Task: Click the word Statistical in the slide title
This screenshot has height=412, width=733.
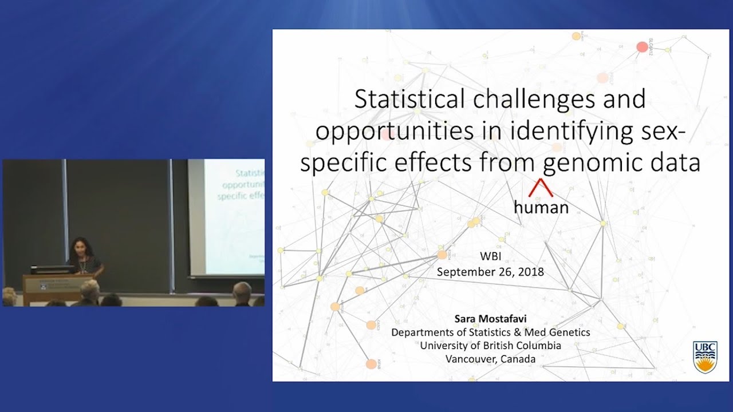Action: (x=411, y=99)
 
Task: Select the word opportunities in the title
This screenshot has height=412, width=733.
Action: (x=394, y=131)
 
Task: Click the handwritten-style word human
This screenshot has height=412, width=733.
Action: (x=541, y=207)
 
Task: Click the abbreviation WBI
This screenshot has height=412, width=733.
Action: (x=490, y=257)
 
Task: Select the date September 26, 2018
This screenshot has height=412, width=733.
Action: (x=490, y=272)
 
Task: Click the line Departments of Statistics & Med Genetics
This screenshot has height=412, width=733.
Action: (x=490, y=332)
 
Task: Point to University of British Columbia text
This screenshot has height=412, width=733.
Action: (x=490, y=346)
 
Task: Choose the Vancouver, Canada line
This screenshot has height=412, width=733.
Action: (x=490, y=359)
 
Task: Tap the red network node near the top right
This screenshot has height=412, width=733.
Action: (x=642, y=46)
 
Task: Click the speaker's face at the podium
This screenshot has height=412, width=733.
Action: (x=77, y=248)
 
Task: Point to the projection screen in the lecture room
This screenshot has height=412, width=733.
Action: (x=226, y=217)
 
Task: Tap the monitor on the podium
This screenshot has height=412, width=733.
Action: (x=52, y=270)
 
